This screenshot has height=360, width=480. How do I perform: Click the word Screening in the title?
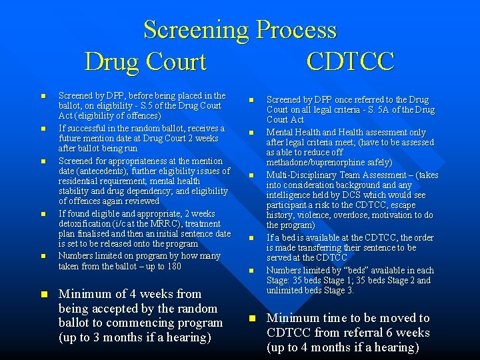pyautogui.click(x=196, y=30)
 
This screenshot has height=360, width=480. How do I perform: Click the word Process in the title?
pyautogui.click(x=297, y=30)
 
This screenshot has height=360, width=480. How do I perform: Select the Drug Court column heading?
pyautogui.click(x=145, y=62)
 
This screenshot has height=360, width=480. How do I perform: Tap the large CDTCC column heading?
pyautogui.click(x=351, y=62)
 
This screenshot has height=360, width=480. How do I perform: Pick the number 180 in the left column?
pyautogui.click(x=173, y=265)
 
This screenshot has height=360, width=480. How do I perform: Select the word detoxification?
pyautogui.click(x=84, y=223)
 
